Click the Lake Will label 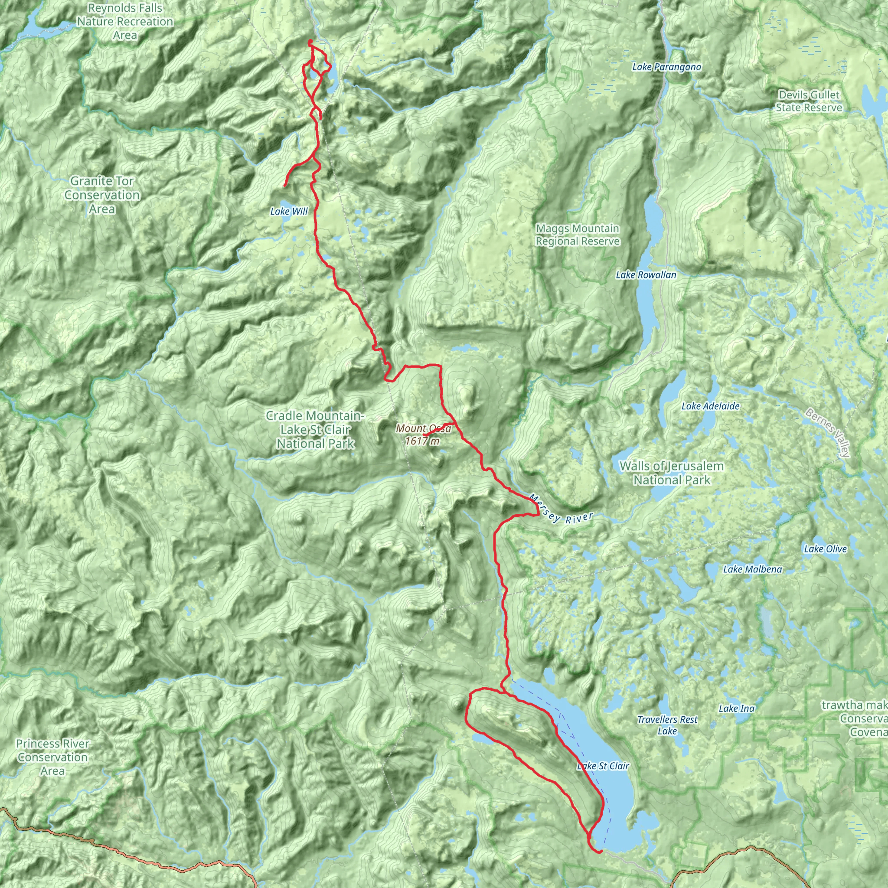289,212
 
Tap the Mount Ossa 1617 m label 423,435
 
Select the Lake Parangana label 666,67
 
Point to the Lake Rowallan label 646,275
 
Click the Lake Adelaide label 710,406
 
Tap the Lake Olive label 825,549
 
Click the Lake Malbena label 752,569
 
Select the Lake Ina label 736,709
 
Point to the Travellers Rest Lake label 667,725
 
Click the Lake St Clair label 603,766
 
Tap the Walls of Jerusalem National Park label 672,473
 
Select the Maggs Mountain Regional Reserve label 577,235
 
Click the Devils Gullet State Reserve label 809,101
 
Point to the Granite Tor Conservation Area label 102,195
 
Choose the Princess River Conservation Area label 52,757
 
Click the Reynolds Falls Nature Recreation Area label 125,22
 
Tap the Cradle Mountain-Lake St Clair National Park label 315,430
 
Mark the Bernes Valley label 828,432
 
